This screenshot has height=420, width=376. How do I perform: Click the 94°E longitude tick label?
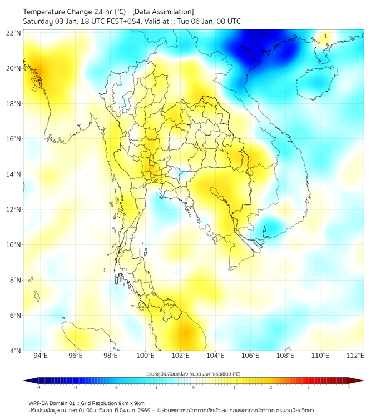click(x=40, y=356)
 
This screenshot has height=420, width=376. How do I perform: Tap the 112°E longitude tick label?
click(x=355, y=356)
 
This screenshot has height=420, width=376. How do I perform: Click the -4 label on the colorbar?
click(x=38, y=387)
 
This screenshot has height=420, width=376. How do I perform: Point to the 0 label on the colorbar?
click(x=194, y=387)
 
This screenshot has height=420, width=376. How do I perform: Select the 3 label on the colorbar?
click(x=309, y=387)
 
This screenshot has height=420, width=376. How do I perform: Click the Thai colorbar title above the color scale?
click(x=193, y=374)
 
